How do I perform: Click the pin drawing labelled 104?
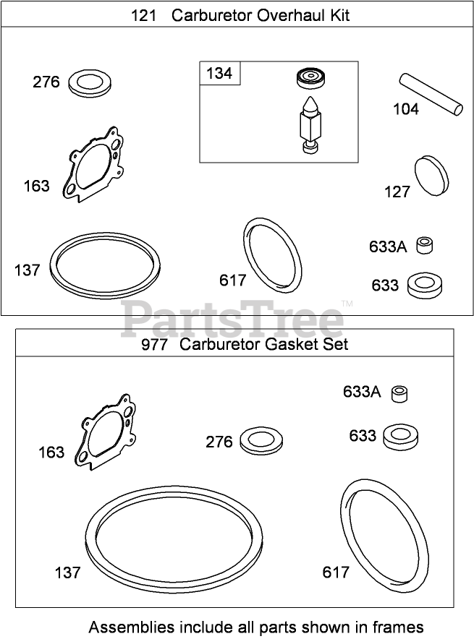tap(431, 94)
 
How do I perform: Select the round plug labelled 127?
tap(431, 176)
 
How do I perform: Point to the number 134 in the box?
tap(219, 73)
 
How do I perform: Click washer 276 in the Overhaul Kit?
tap(90, 82)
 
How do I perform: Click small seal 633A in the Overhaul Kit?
tap(425, 246)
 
